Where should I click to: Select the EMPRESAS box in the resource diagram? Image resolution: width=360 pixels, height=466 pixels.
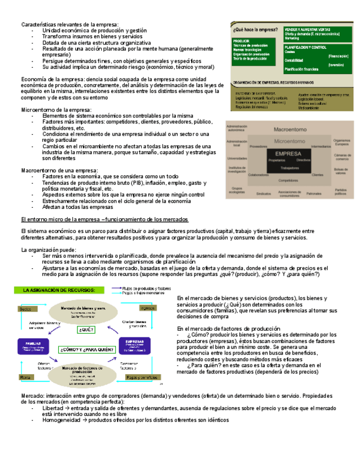pos(135,345)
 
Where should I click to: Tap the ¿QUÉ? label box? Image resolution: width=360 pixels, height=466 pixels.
pos(86,330)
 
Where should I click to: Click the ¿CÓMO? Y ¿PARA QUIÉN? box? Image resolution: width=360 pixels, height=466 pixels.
pos(86,349)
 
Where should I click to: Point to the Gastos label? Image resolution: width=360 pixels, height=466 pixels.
pos(25,309)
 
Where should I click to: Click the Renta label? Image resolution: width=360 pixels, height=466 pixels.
pos(25,378)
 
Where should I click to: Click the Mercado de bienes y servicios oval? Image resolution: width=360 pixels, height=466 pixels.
pos(84,312)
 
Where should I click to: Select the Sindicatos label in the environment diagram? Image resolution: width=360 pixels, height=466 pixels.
pos(264,193)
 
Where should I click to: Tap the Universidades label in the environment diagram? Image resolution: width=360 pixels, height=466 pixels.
pos(237,158)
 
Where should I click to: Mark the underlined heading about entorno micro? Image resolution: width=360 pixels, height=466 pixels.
pos(104,219)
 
